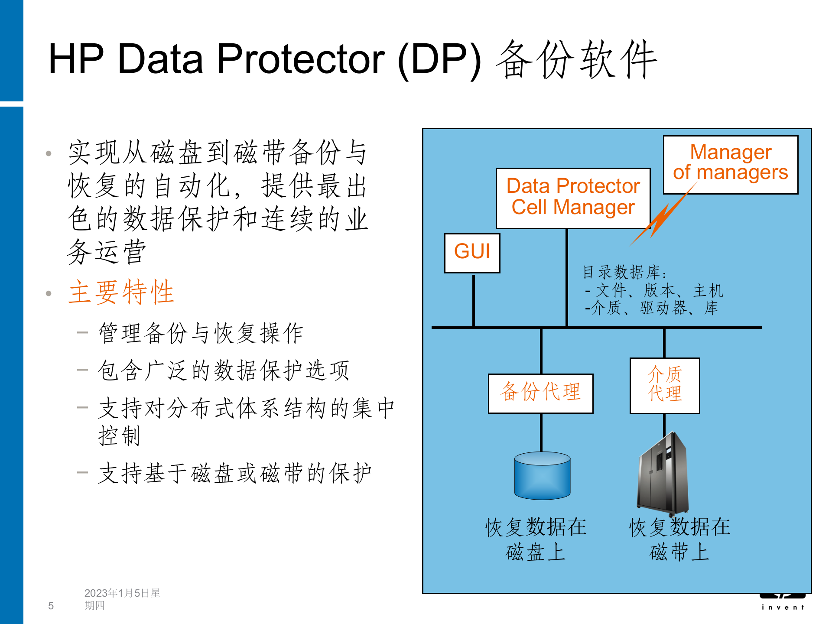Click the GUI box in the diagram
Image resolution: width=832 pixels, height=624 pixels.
pos(472,253)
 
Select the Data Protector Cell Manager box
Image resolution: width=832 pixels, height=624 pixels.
pos(573,198)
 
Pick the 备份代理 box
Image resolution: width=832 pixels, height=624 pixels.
pos(540,393)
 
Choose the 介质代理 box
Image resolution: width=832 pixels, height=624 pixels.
pos(665,385)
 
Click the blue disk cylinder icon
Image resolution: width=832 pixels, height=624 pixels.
pos(542,475)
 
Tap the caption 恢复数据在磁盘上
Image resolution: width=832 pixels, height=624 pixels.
pos(536,539)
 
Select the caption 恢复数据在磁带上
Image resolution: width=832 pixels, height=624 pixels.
pos(679,539)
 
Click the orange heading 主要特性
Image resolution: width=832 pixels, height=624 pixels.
pos(121,292)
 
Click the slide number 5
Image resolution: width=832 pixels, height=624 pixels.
pos(51,606)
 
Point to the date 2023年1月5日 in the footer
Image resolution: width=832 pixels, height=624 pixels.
pos(122,593)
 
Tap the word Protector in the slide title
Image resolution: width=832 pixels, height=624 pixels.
pos(301,59)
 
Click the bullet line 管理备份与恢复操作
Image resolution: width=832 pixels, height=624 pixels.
pos(201,333)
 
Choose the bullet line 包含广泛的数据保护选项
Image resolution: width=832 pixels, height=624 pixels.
pos(224,371)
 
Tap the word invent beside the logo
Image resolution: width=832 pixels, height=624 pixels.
pos(783,608)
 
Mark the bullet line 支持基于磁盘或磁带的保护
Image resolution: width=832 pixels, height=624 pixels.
pos(234,473)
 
